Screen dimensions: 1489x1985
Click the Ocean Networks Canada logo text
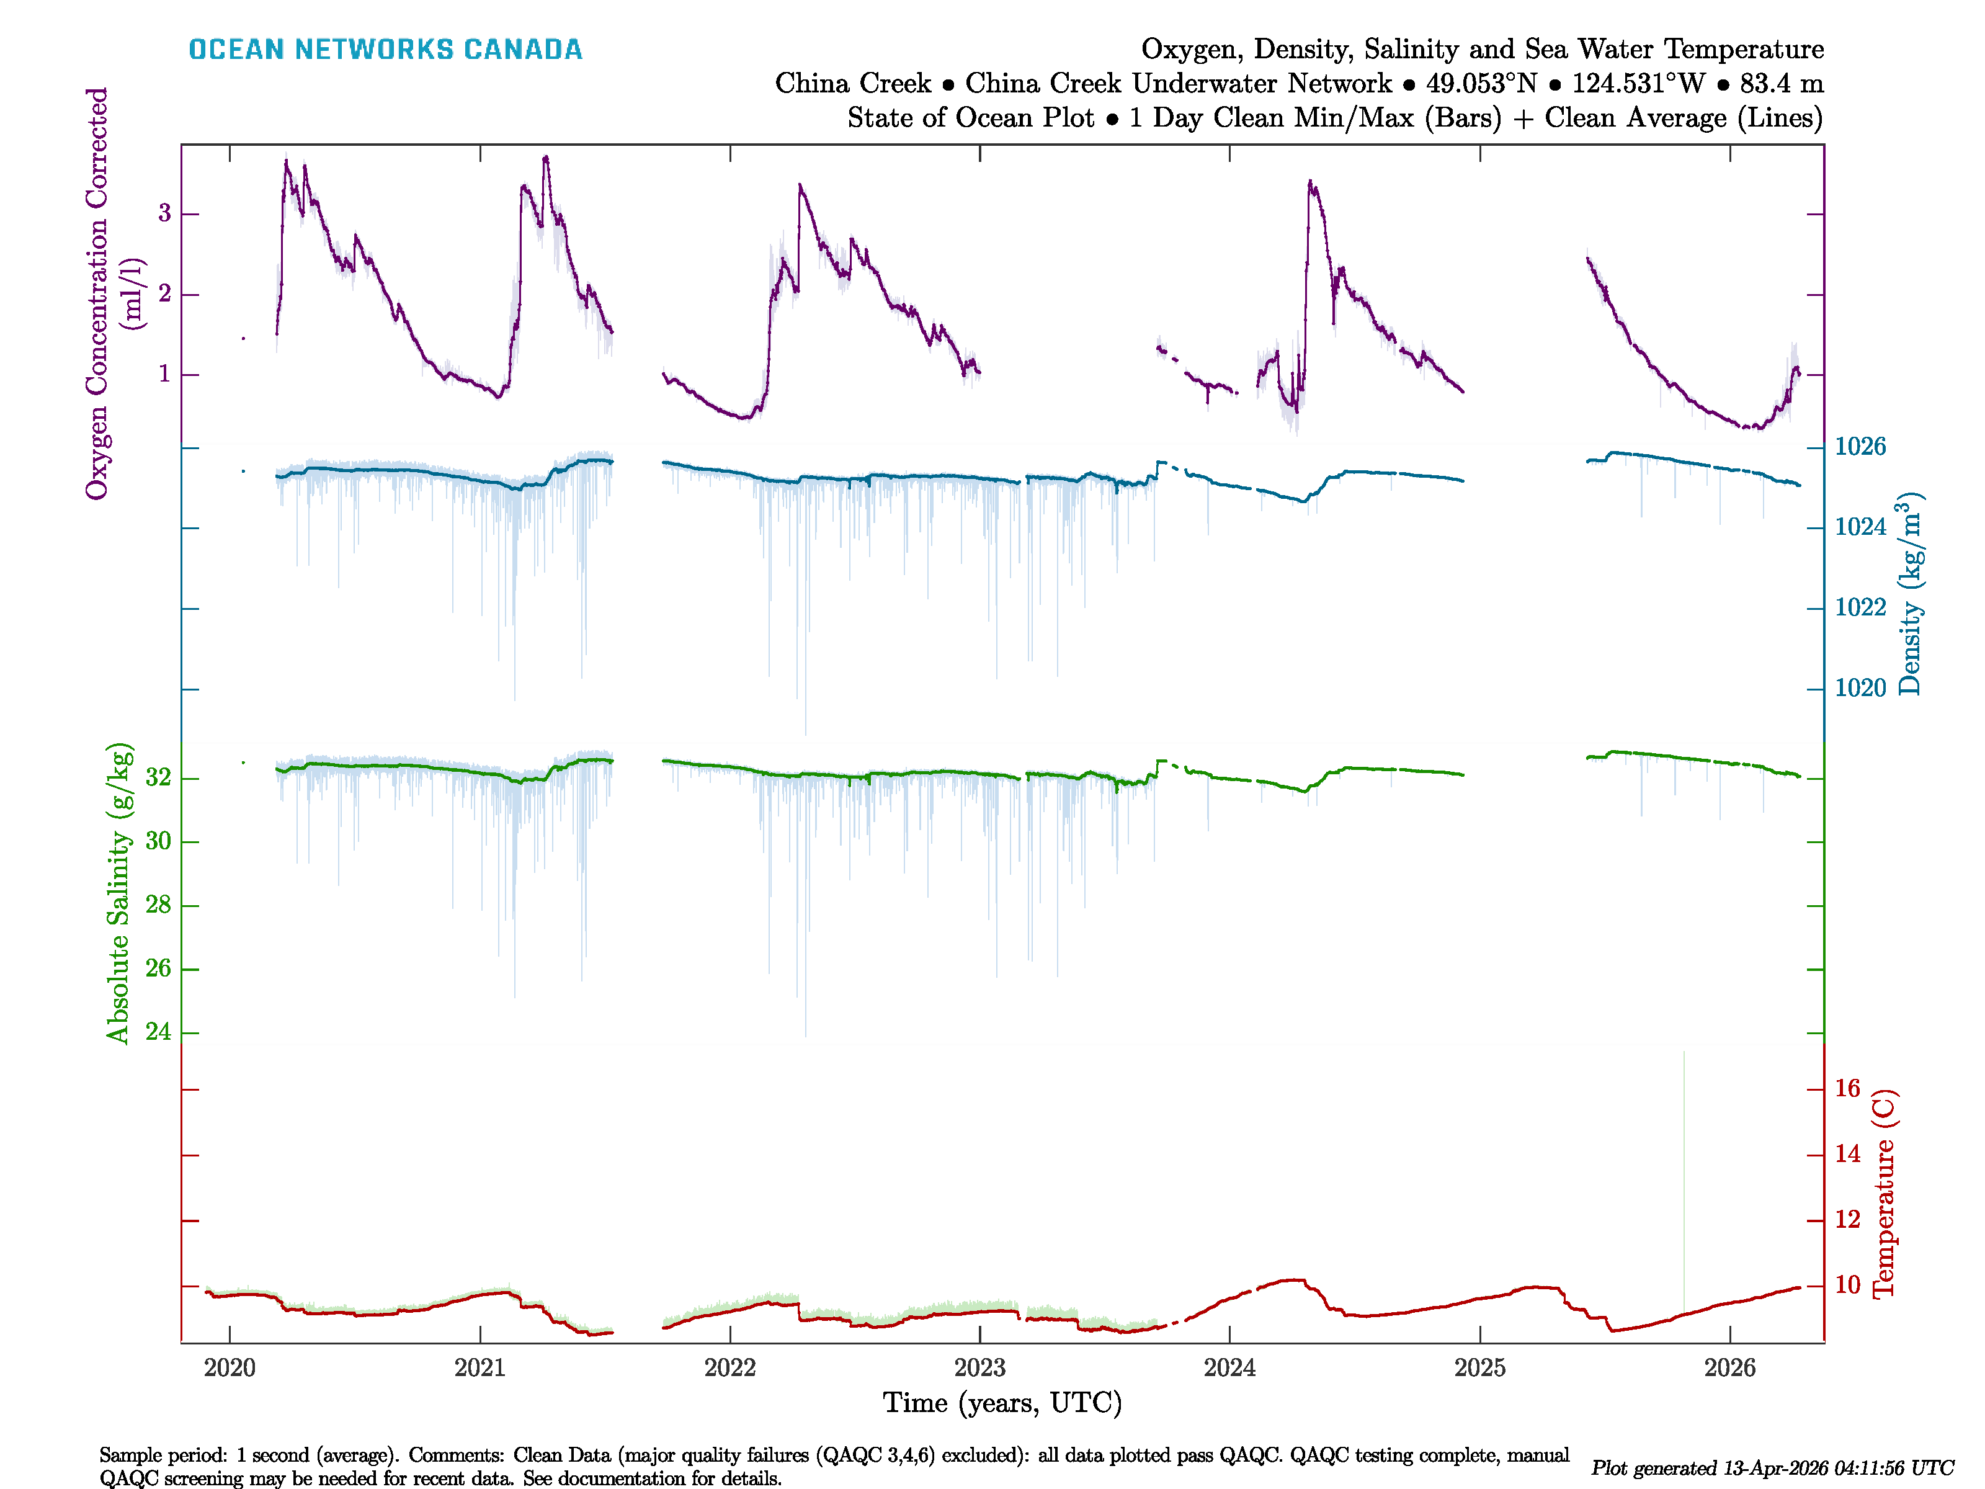pyautogui.click(x=385, y=50)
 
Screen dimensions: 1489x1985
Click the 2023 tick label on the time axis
pyautogui.click(x=980, y=1368)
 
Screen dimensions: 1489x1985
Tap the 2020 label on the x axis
pyautogui.click(x=230, y=1368)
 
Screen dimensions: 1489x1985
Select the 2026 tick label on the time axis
pyautogui.click(x=1729, y=1368)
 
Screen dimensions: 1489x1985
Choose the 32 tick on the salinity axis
pyautogui.click(x=158, y=777)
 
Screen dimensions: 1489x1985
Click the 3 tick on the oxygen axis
pyautogui.click(x=164, y=213)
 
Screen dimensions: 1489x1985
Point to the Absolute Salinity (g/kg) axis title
pyautogui.click(x=118, y=893)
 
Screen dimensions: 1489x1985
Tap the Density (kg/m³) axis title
pyautogui.click(x=1909, y=594)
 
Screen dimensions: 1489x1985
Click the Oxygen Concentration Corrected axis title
pyautogui.click(x=97, y=293)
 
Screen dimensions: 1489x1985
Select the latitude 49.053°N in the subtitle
pyautogui.click(x=1481, y=84)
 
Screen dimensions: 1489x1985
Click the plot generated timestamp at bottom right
pyautogui.click(x=1772, y=1469)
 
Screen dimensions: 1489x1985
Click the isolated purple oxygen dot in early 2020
pyautogui.click(x=243, y=338)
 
